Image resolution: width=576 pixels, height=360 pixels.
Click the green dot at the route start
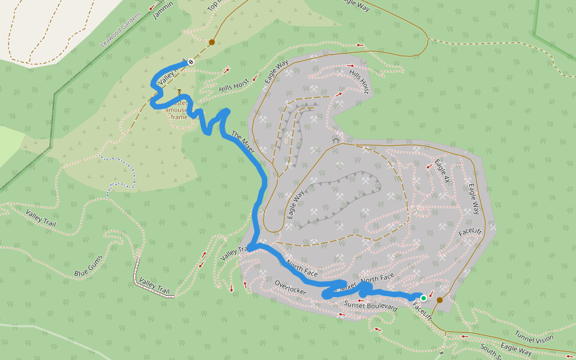click(x=424, y=298)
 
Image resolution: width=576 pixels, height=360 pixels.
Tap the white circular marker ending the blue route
click(x=191, y=61)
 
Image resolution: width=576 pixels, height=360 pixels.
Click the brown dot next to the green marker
click(x=440, y=300)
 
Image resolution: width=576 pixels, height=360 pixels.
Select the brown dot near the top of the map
click(x=211, y=43)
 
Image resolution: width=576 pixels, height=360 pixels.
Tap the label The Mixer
click(x=243, y=141)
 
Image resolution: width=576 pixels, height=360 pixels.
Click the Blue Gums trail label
click(x=88, y=266)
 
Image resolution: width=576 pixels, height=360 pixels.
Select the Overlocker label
click(x=290, y=287)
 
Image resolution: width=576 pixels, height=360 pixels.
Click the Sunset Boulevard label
click(x=370, y=307)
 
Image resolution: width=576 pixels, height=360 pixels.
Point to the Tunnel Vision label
click(x=534, y=337)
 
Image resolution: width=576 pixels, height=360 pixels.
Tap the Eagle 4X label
click(x=443, y=171)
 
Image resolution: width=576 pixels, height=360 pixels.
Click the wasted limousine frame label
click(x=179, y=110)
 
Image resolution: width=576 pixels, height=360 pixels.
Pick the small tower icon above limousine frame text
click(x=179, y=93)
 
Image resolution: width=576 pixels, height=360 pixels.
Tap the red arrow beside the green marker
click(x=431, y=293)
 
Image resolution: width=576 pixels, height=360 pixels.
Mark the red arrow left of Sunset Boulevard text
click(x=342, y=314)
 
